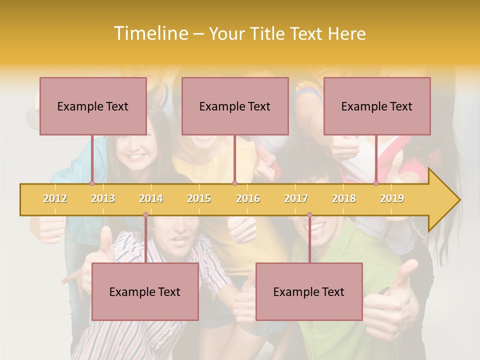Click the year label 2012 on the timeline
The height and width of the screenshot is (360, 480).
coord(55,199)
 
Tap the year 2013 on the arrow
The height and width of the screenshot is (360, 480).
coord(103,199)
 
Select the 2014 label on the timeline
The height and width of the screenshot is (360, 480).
coord(151,199)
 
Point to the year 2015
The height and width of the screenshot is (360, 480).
coord(199,199)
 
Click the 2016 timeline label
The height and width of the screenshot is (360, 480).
coord(248,199)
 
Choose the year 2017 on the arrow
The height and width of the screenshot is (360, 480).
coord(296,199)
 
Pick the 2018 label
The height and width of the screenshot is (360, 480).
coord(344,199)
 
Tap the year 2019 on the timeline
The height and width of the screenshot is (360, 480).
coord(392,199)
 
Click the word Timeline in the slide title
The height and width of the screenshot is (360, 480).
coord(150,33)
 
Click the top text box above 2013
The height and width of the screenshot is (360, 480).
coord(93,106)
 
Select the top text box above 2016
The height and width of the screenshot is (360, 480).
coord(235,106)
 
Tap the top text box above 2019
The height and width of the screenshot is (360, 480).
coord(377,106)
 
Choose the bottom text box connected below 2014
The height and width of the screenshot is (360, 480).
coord(145,291)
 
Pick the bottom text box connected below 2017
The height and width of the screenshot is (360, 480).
coord(309,291)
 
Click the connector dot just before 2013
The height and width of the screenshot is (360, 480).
coord(92,183)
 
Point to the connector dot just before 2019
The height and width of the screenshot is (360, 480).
coord(376,183)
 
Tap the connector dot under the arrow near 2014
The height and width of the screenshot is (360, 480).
coord(145,215)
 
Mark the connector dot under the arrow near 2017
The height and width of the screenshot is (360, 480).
coord(309,215)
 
